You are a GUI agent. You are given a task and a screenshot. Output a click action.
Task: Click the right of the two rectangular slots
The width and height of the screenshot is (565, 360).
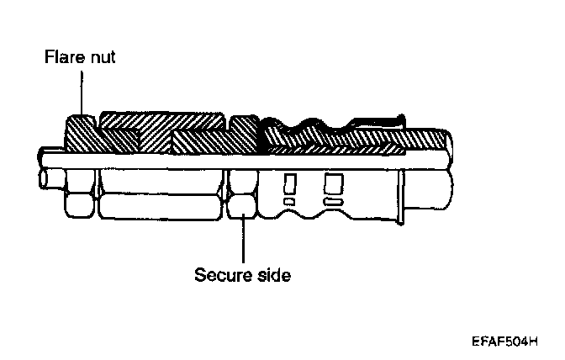(333, 182)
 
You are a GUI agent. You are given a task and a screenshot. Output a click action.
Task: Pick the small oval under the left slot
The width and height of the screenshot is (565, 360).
(288, 202)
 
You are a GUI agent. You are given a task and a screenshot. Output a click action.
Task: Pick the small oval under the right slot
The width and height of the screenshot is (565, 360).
(333, 203)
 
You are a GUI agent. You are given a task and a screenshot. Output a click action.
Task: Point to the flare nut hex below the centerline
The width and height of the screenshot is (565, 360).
(82, 202)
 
